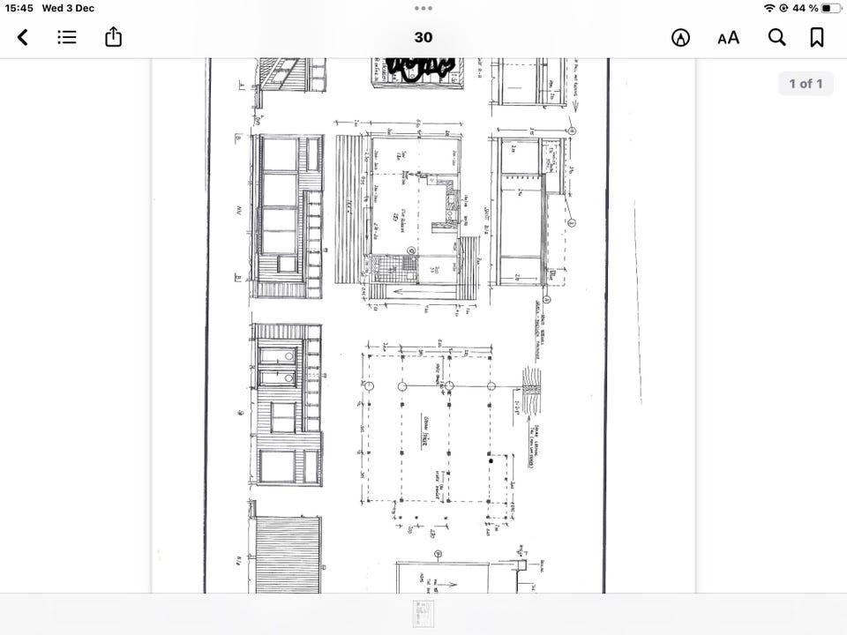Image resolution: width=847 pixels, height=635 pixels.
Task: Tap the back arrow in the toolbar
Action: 23,37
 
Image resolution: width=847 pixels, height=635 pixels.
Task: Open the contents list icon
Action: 67,37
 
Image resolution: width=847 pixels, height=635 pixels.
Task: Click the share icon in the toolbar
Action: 113,37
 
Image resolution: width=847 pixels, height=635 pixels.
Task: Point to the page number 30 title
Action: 423,37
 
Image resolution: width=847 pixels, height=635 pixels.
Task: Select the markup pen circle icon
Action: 680,37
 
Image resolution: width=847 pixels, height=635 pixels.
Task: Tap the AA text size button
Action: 728,37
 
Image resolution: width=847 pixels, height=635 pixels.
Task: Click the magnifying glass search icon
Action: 776,37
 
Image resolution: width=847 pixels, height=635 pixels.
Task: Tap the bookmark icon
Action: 817,37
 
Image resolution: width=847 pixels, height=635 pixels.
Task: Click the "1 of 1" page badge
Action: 805,84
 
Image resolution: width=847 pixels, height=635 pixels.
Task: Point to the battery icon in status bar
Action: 831,8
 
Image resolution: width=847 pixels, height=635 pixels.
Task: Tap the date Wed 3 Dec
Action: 69,8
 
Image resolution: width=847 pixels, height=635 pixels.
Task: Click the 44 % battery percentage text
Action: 805,8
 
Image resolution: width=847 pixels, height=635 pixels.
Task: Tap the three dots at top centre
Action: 423,8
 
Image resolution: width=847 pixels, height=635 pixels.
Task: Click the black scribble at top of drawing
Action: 422,67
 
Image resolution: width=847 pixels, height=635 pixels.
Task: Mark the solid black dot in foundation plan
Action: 491,459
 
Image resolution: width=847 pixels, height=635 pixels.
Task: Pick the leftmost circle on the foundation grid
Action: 370,386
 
